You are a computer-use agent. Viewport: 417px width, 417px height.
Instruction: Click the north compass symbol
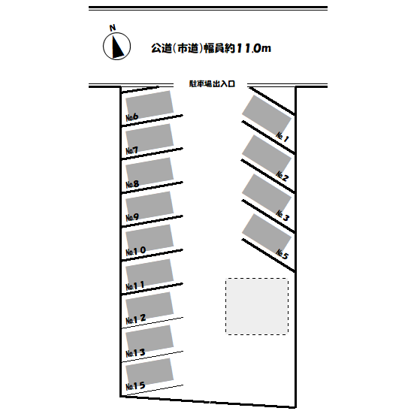click(x=116, y=46)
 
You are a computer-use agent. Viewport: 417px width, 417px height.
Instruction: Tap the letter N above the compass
click(x=113, y=27)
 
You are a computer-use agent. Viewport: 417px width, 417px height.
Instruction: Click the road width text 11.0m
click(x=253, y=48)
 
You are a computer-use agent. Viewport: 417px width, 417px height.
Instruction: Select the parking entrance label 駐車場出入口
click(x=212, y=83)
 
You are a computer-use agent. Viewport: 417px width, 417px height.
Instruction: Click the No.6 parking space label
click(x=132, y=117)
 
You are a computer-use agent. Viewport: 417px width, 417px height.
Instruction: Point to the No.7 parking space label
click(x=132, y=150)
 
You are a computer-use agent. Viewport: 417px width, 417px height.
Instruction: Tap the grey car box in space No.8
click(x=150, y=171)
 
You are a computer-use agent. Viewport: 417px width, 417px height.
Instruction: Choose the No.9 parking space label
click(x=132, y=218)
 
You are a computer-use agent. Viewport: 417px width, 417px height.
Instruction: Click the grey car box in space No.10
click(x=150, y=237)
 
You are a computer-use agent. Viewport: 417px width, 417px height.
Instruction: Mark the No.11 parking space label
click(x=135, y=286)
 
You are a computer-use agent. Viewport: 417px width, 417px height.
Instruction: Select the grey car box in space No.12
click(x=150, y=306)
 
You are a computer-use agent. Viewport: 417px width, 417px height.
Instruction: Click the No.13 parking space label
click(x=135, y=353)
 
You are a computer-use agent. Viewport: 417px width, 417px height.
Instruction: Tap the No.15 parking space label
click(x=135, y=386)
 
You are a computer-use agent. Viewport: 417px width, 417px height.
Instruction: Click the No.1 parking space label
click(x=283, y=137)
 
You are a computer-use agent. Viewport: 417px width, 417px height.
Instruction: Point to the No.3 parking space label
click(x=283, y=216)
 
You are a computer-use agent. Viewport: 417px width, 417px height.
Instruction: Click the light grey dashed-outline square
click(x=257, y=307)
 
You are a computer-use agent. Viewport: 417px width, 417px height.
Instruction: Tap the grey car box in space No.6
click(x=150, y=104)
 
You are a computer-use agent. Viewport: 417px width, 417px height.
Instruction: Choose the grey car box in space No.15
click(x=150, y=371)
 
